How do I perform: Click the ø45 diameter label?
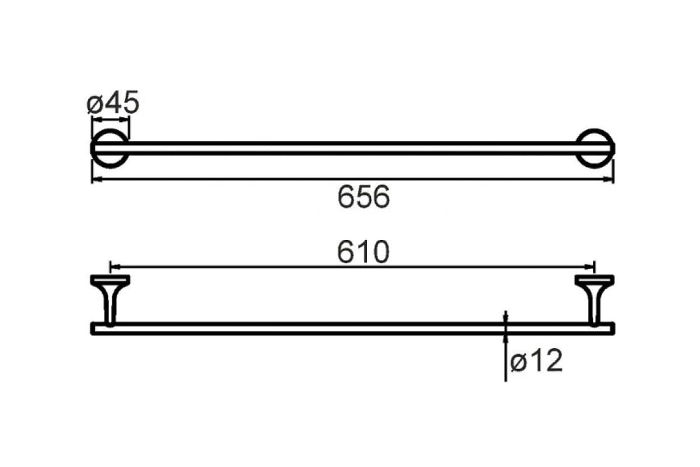[x=113, y=103]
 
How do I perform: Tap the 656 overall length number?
[x=363, y=197]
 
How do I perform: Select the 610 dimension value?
[x=363, y=253]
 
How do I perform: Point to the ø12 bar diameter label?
[x=536, y=362]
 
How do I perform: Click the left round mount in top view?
[x=110, y=148]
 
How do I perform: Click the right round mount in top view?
[x=594, y=148]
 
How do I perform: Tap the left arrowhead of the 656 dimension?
[x=96, y=180]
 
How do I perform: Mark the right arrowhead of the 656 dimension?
[x=610, y=180]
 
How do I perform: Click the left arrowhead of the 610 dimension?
[x=114, y=266]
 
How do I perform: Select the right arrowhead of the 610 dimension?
[x=590, y=266]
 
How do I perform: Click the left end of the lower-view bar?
[x=94, y=328]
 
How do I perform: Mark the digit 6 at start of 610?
[x=346, y=253]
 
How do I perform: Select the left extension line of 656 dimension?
[x=92, y=169]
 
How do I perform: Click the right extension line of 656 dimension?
[x=614, y=169]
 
